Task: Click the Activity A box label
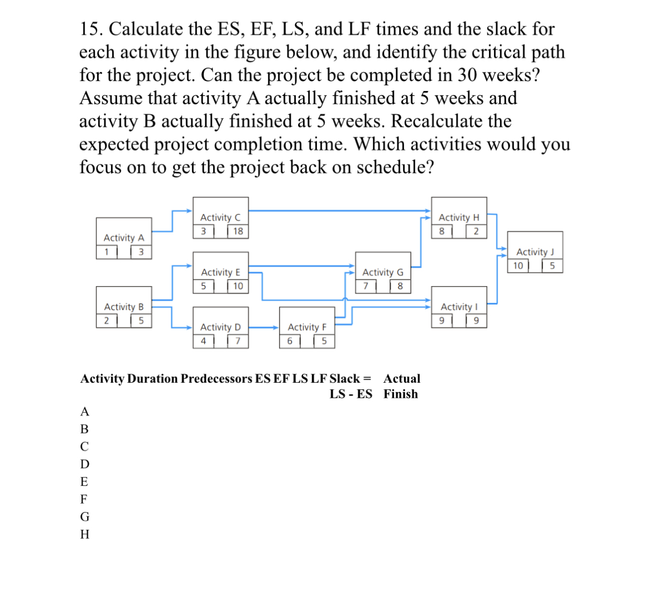(124, 238)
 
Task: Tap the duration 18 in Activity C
(238, 232)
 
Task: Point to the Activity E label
(220, 272)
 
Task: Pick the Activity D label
(220, 327)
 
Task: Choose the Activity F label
(307, 327)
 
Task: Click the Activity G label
(383, 272)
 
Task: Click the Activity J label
(535, 252)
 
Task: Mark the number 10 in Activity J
(518, 266)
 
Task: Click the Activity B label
(124, 307)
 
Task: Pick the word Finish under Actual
(400, 394)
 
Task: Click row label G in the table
(85, 516)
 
